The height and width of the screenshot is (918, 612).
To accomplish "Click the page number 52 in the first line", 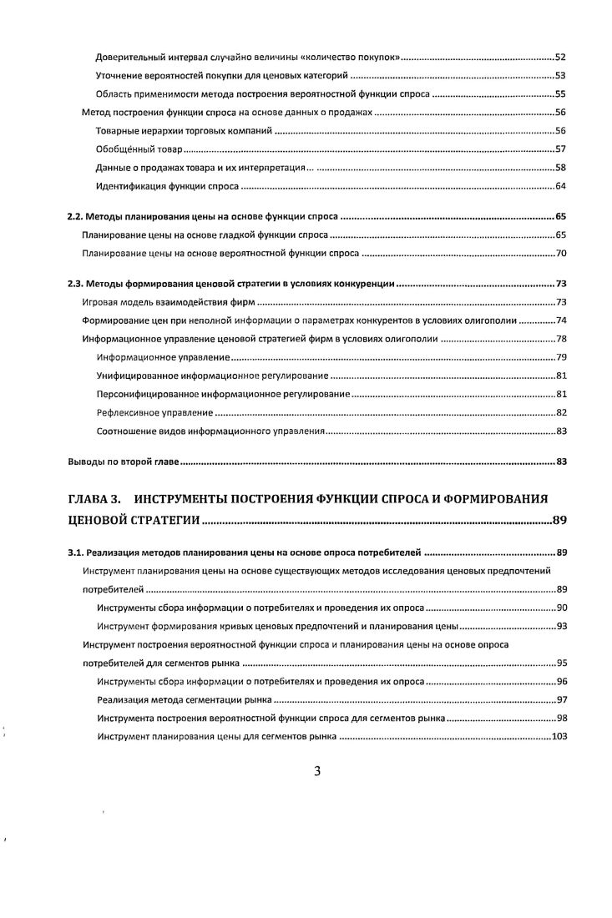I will pos(561,58).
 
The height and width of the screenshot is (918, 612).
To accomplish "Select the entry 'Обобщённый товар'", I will pos(139,149).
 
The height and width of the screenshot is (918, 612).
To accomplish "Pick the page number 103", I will pos(559,737).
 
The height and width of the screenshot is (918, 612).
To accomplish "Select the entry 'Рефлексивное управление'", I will pos(154,412).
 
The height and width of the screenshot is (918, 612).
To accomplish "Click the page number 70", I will pos(561,251).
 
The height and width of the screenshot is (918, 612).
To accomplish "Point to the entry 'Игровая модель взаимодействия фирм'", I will pos(169,302).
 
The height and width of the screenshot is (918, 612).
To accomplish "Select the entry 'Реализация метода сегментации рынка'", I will pos(185,699).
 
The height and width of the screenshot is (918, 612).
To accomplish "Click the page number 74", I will pos(561,320).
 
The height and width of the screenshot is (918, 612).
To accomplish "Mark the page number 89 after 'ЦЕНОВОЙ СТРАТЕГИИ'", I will pos(559,522).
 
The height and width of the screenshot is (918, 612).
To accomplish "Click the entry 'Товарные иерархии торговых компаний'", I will pos(185,131).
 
